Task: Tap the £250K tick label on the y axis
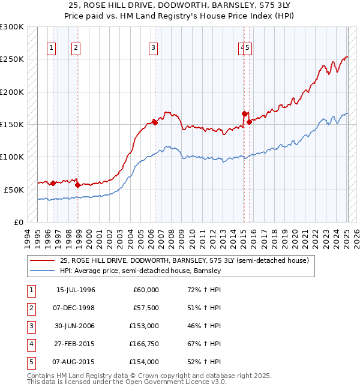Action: [x=12, y=59]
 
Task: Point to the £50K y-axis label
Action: [x=14, y=190]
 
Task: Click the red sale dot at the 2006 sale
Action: [x=154, y=122]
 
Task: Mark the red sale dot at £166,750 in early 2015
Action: [x=244, y=113]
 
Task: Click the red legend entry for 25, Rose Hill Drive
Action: [x=184, y=260]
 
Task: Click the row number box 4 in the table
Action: [x=30, y=344]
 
